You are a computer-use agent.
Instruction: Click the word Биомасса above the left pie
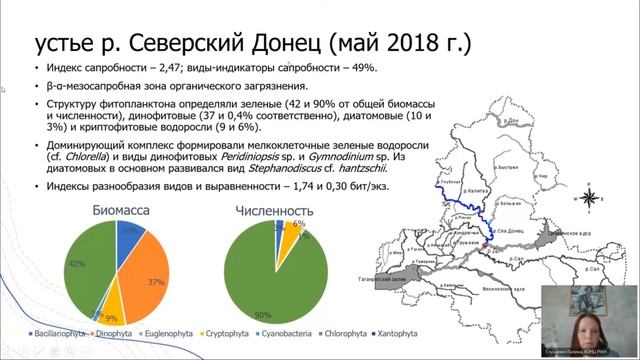[121, 211]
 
